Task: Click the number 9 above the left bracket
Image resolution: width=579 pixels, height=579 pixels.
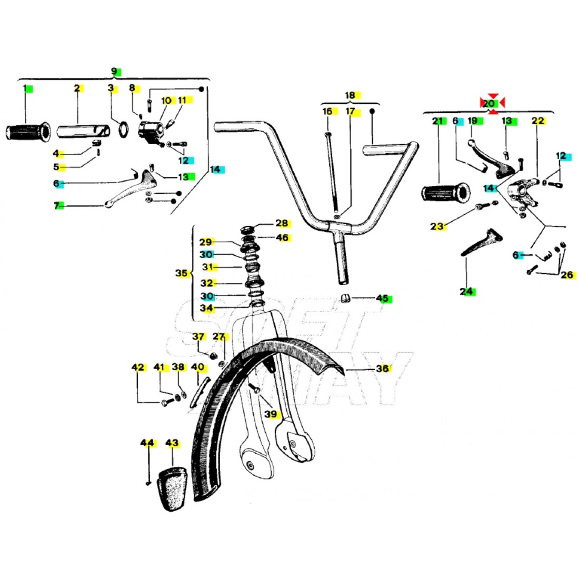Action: coord(114,71)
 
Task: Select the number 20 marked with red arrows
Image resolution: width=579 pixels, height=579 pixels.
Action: coord(488,104)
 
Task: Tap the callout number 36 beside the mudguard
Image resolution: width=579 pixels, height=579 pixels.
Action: coord(383,369)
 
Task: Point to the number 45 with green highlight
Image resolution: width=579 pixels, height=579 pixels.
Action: coord(382,298)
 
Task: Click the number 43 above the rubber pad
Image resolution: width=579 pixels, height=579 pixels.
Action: coord(172,443)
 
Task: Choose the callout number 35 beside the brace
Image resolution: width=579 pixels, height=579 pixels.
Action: coord(181,274)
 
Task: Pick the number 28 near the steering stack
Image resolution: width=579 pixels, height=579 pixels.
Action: coord(282,223)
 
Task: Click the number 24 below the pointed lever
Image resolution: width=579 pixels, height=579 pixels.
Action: coord(466,291)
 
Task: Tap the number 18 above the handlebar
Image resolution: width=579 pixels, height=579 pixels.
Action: coord(350,95)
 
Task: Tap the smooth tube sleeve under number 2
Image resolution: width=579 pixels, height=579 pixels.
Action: coord(84,131)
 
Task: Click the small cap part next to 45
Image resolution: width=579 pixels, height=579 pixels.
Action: coord(345,298)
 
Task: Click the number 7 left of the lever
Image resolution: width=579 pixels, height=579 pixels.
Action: coord(56,206)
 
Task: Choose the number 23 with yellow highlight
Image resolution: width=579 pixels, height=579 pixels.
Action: coord(437,227)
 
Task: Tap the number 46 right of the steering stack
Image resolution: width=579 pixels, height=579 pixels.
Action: coord(282,238)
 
